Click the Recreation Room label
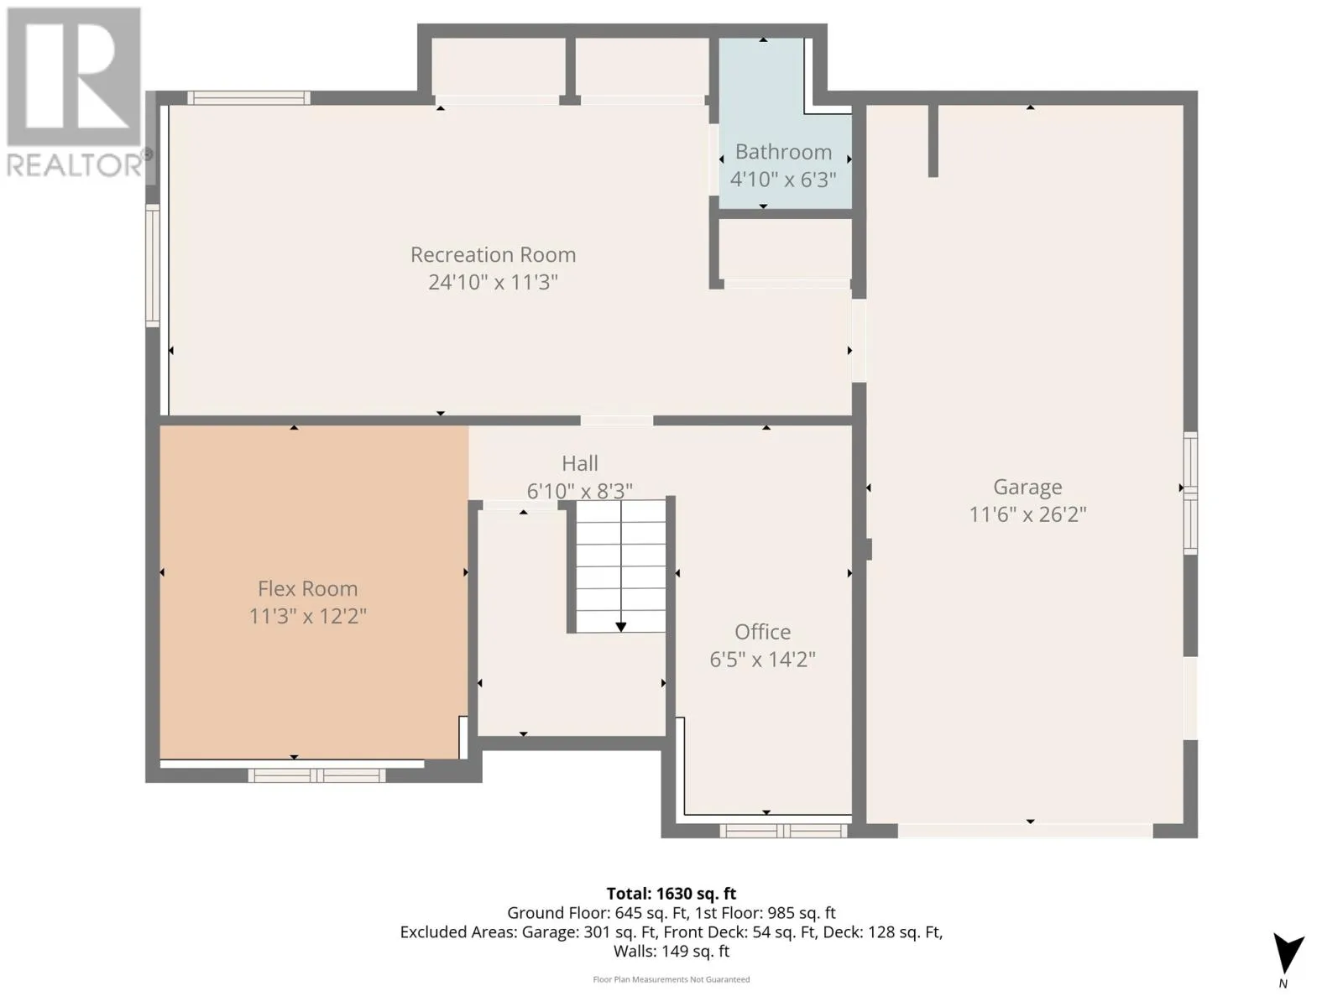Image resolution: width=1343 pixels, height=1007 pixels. point(494,255)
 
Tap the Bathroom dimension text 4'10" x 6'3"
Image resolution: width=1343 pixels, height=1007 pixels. point(783,180)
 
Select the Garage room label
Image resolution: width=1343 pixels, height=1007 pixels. point(1027,488)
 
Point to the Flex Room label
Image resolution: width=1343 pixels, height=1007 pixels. point(308,588)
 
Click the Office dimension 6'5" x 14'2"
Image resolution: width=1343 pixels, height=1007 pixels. point(762,659)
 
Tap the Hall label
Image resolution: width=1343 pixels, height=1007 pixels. point(580,463)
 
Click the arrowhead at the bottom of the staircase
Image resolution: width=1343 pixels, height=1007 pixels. point(621,628)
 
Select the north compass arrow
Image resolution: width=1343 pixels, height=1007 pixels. point(1288,952)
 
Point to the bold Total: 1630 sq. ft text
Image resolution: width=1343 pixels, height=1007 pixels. point(671,894)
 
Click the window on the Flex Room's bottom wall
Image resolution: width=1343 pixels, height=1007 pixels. point(317,776)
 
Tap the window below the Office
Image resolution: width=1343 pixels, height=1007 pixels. point(783,831)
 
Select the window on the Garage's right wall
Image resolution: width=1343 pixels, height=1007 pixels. point(1190,493)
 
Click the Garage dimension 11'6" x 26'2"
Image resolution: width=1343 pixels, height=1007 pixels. point(1027,514)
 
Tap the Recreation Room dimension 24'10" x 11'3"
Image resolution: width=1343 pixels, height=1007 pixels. point(494,283)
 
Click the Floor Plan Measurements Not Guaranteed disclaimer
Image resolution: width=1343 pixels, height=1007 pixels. point(671,979)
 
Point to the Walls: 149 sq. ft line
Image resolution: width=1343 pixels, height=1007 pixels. point(671,952)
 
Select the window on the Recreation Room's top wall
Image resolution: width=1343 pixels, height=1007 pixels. point(248,98)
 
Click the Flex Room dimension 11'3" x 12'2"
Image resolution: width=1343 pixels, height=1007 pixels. point(308,616)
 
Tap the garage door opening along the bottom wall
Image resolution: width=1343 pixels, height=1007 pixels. point(1026,830)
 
